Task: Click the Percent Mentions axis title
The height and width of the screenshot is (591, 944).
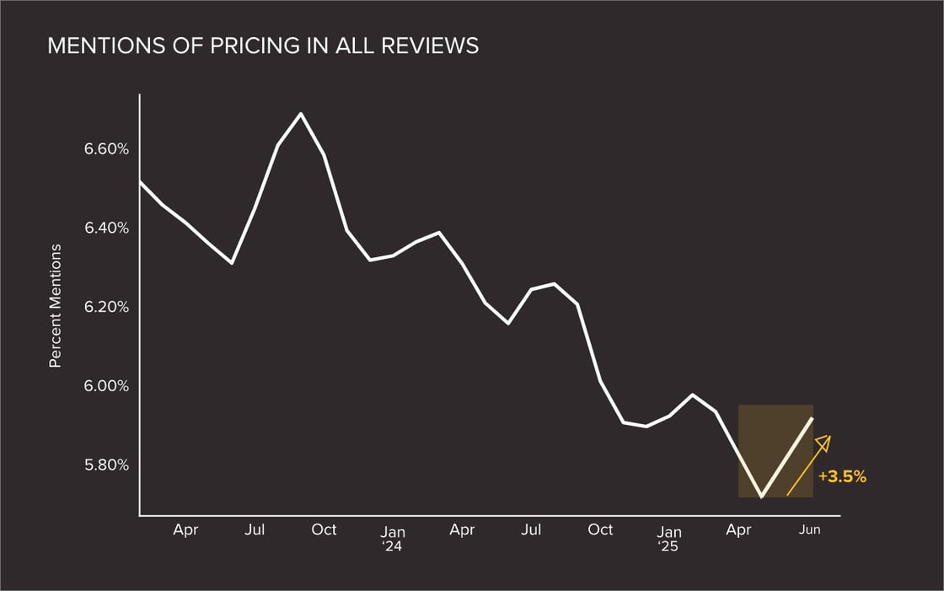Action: tap(56, 306)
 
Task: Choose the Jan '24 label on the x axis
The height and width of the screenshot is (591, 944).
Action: tap(393, 538)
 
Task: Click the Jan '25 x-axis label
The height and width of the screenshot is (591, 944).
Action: tap(669, 538)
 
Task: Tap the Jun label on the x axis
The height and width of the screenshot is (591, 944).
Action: tap(808, 530)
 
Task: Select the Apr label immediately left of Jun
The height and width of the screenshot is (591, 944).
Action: tap(738, 530)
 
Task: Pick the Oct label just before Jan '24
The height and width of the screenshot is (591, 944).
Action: tap(324, 530)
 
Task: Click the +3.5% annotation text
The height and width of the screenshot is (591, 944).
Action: tap(842, 476)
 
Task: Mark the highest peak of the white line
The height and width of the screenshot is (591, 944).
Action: tap(301, 113)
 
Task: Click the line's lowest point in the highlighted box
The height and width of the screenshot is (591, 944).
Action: tap(761, 497)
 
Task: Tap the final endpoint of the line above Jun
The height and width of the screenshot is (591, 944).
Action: tap(813, 417)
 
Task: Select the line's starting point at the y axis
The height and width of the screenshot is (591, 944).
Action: tap(140, 181)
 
